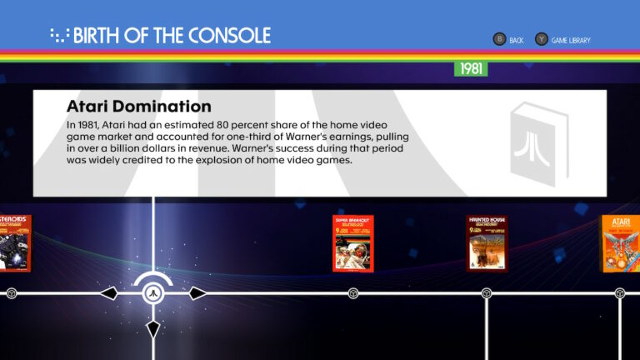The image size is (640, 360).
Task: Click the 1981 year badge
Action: (x=471, y=68)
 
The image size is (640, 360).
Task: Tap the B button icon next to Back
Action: (x=499, y=39)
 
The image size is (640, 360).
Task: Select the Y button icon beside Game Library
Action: (x=542, y=39)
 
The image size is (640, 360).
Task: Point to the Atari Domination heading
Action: (x=138, y=107)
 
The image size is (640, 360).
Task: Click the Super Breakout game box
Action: (x=353, y=242)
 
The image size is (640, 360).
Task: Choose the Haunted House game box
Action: (x=487, y=242)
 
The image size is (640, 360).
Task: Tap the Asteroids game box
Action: (x=14, y=242)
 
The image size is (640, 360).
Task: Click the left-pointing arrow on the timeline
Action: (x=108, y=293)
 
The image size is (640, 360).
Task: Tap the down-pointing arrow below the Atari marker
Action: (x=152, y=328)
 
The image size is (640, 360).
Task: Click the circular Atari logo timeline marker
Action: (x=152, y=293)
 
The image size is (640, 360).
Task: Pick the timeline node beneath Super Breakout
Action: (x=353, y=293)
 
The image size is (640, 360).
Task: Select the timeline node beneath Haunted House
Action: (x=487, y=293)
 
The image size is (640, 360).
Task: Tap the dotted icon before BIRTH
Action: (x=59, y=35)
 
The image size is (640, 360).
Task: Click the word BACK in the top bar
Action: (x=517, y=40)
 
